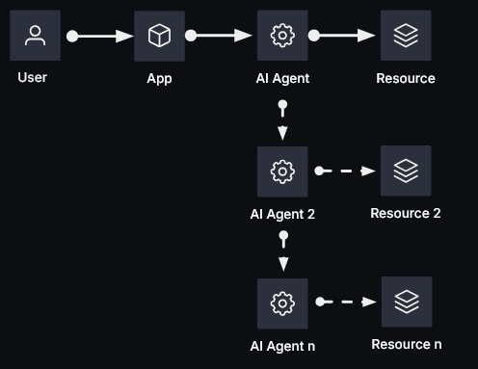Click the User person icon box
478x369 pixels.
(x=35, y=36)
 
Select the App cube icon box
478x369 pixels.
(x=159, y=36)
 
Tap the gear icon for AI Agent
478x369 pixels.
(x=282, y=36)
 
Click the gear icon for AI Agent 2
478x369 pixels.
(x=282, y=171)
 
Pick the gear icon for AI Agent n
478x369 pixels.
(x=282, y=303)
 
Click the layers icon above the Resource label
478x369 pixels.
(x=406, y=36)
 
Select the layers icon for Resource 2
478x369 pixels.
(x=406, y=171)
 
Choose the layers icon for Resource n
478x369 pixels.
(x=406, y=302)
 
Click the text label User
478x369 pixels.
(x=33, y=77)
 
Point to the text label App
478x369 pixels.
(x=159, y=78)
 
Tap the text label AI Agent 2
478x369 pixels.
(x=282, y=214)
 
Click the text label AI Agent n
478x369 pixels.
(x=282, y=346)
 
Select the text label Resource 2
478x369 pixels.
(x=406, y=213)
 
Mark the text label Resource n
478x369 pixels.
(x=407, y=344)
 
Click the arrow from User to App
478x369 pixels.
(x=100, y=36)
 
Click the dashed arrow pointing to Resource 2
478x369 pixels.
(x=346, y=171)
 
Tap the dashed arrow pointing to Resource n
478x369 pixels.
(x=346, y=302)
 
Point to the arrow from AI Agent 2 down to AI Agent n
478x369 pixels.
(x=282, y=251)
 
